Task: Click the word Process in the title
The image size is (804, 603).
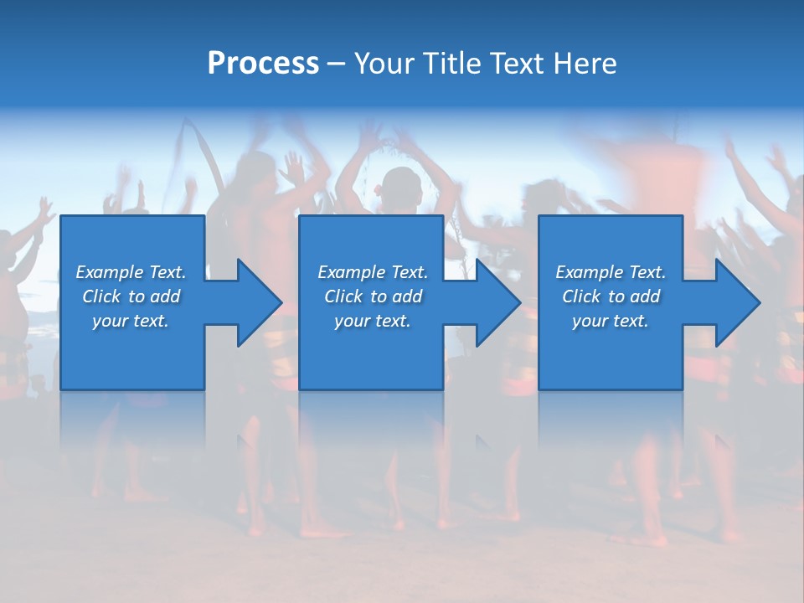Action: pyautogui.click(x=263, y=64)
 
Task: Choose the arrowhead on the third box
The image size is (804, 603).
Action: pyautogui.click(x=737, y=302)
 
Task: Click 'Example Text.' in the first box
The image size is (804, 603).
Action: pyautogui.click(x=131, y=272)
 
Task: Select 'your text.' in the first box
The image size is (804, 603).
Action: pyautogui.click(x=131, y=321)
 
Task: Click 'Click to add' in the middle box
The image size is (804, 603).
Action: pyautogui.click(x=373, y=296)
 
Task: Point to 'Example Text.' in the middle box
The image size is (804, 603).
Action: pyautogui.click(x=373, y=272)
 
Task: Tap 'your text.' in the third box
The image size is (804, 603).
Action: pyautogui.click(x=611, y=321)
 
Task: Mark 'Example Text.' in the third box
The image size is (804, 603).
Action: pyautogui.click(x=611, y=272)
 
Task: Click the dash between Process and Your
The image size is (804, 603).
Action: pyautogui.click(x=337, y=64)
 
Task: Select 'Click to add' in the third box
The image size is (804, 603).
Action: pyautogui.click(x=611, y=296)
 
